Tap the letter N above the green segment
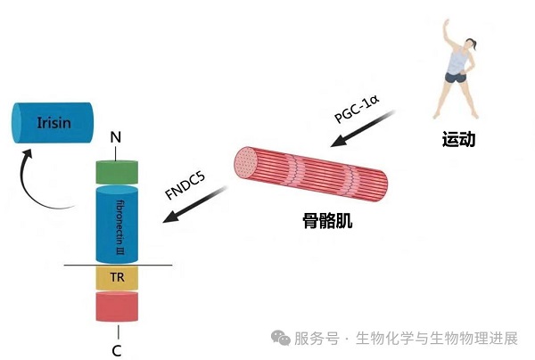[115, 138]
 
